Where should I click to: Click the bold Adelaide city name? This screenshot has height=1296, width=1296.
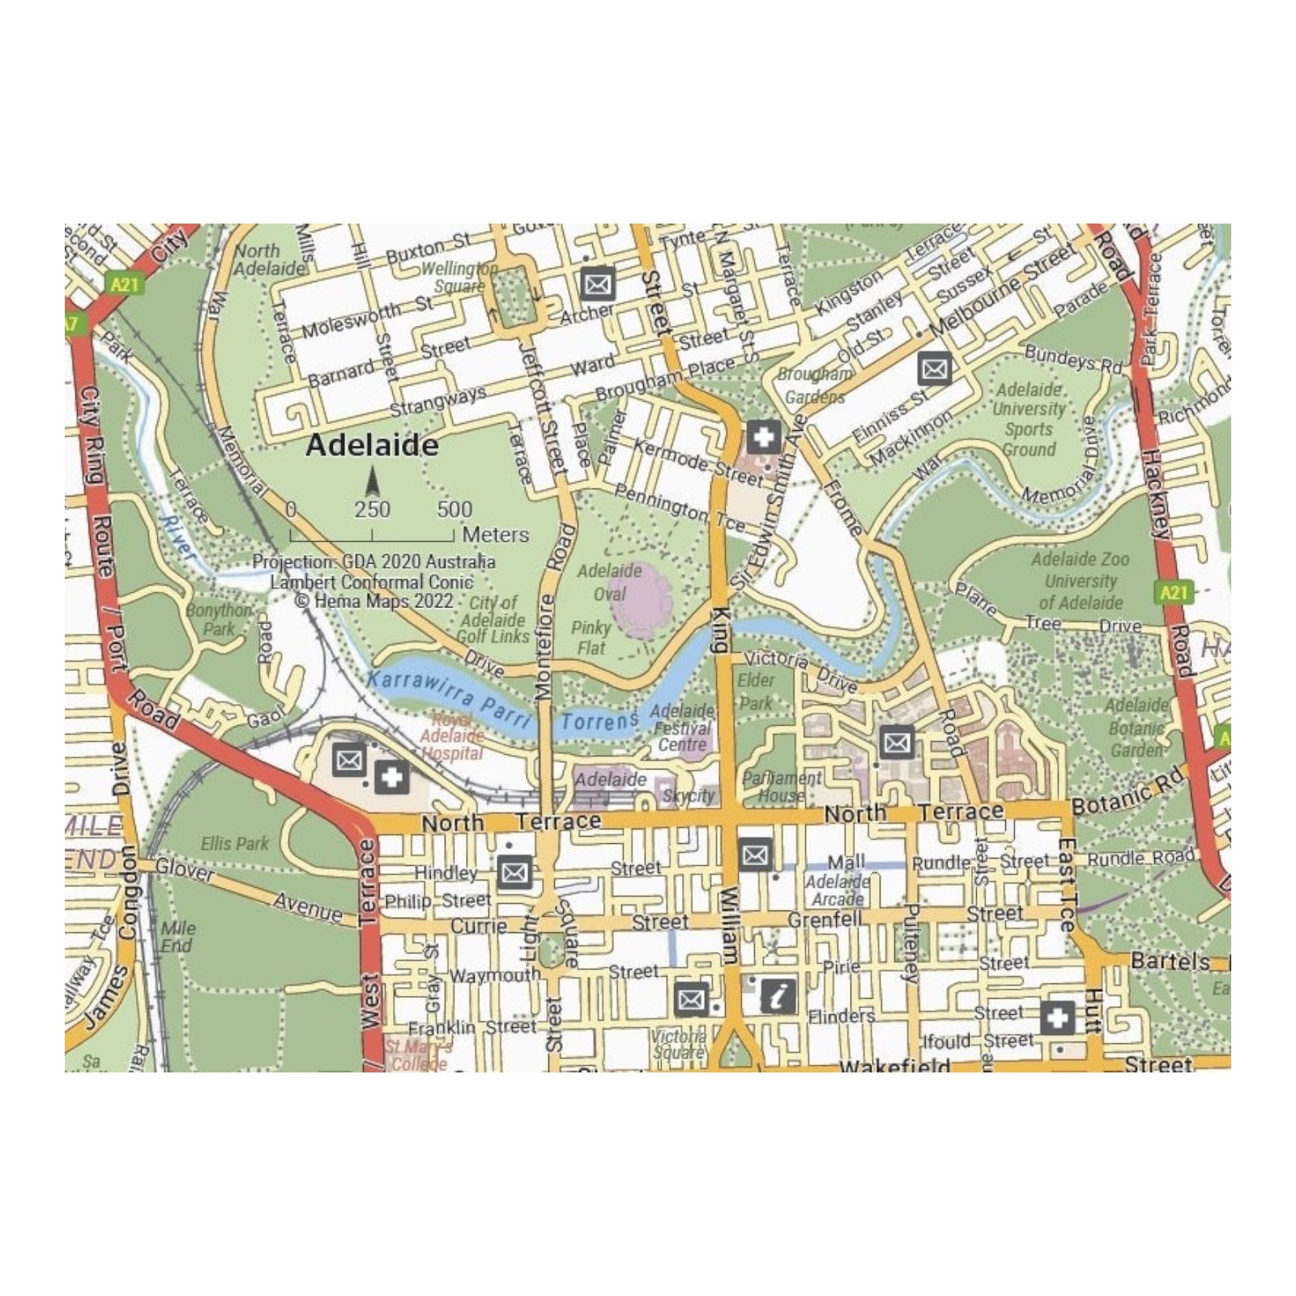click(372, 446)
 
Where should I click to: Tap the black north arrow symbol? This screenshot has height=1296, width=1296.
click(373, 483)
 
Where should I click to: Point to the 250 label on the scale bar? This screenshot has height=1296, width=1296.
click(372, 509)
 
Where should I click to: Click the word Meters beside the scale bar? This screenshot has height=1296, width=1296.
click(495, 535)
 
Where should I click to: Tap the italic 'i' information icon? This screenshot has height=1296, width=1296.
click(778, 995)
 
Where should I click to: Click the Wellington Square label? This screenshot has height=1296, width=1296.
click(459, 277)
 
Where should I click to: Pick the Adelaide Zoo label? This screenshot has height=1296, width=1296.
click(1080, 559)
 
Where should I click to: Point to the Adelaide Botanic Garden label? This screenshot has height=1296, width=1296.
click(1136, 727)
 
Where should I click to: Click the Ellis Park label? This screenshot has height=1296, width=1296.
click(234, 844)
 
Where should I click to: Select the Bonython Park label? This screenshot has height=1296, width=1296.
click(218, 620)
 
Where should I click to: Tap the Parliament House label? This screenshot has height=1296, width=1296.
click(782, 787)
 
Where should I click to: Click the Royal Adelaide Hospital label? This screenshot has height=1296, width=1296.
click(452, 736)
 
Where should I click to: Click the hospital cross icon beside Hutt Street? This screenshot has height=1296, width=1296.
click(1057, 1017)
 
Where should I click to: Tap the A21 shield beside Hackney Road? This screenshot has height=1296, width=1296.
click(1172, 592)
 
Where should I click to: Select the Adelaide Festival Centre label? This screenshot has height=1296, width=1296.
click(682, 727)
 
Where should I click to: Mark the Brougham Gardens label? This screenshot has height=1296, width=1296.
click(815, 386)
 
